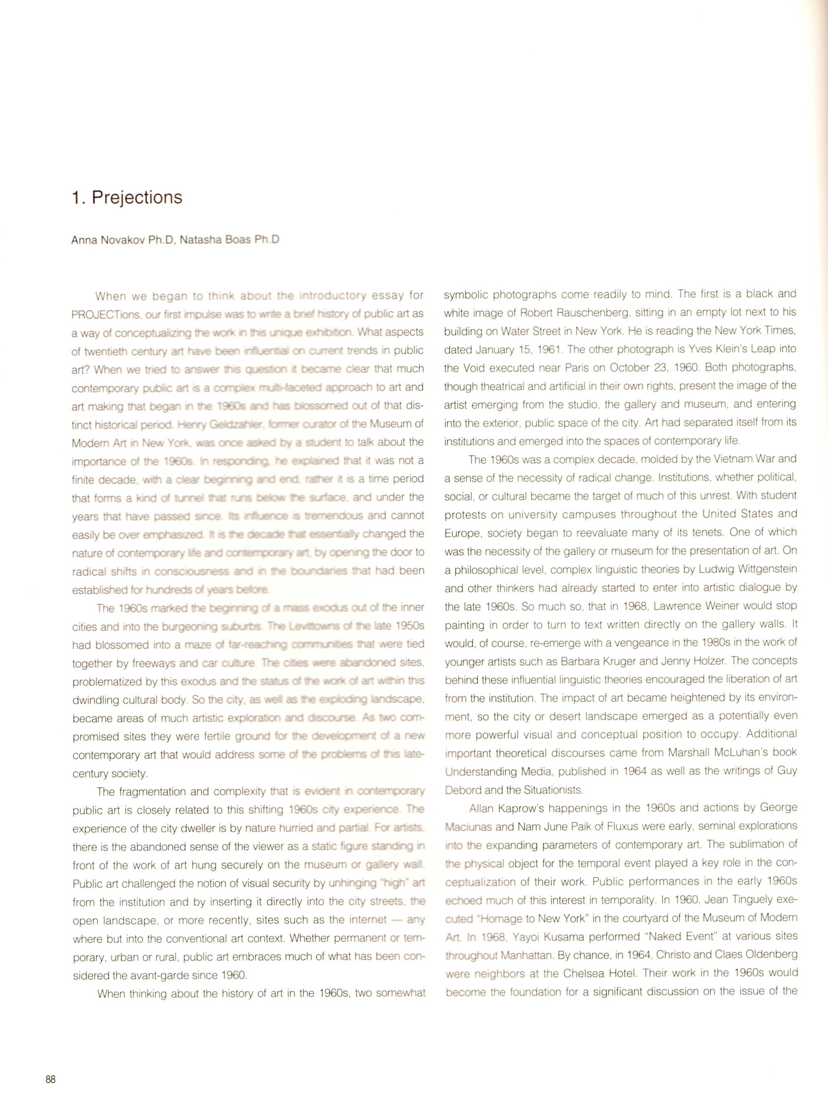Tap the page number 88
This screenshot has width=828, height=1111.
point(51,1079)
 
